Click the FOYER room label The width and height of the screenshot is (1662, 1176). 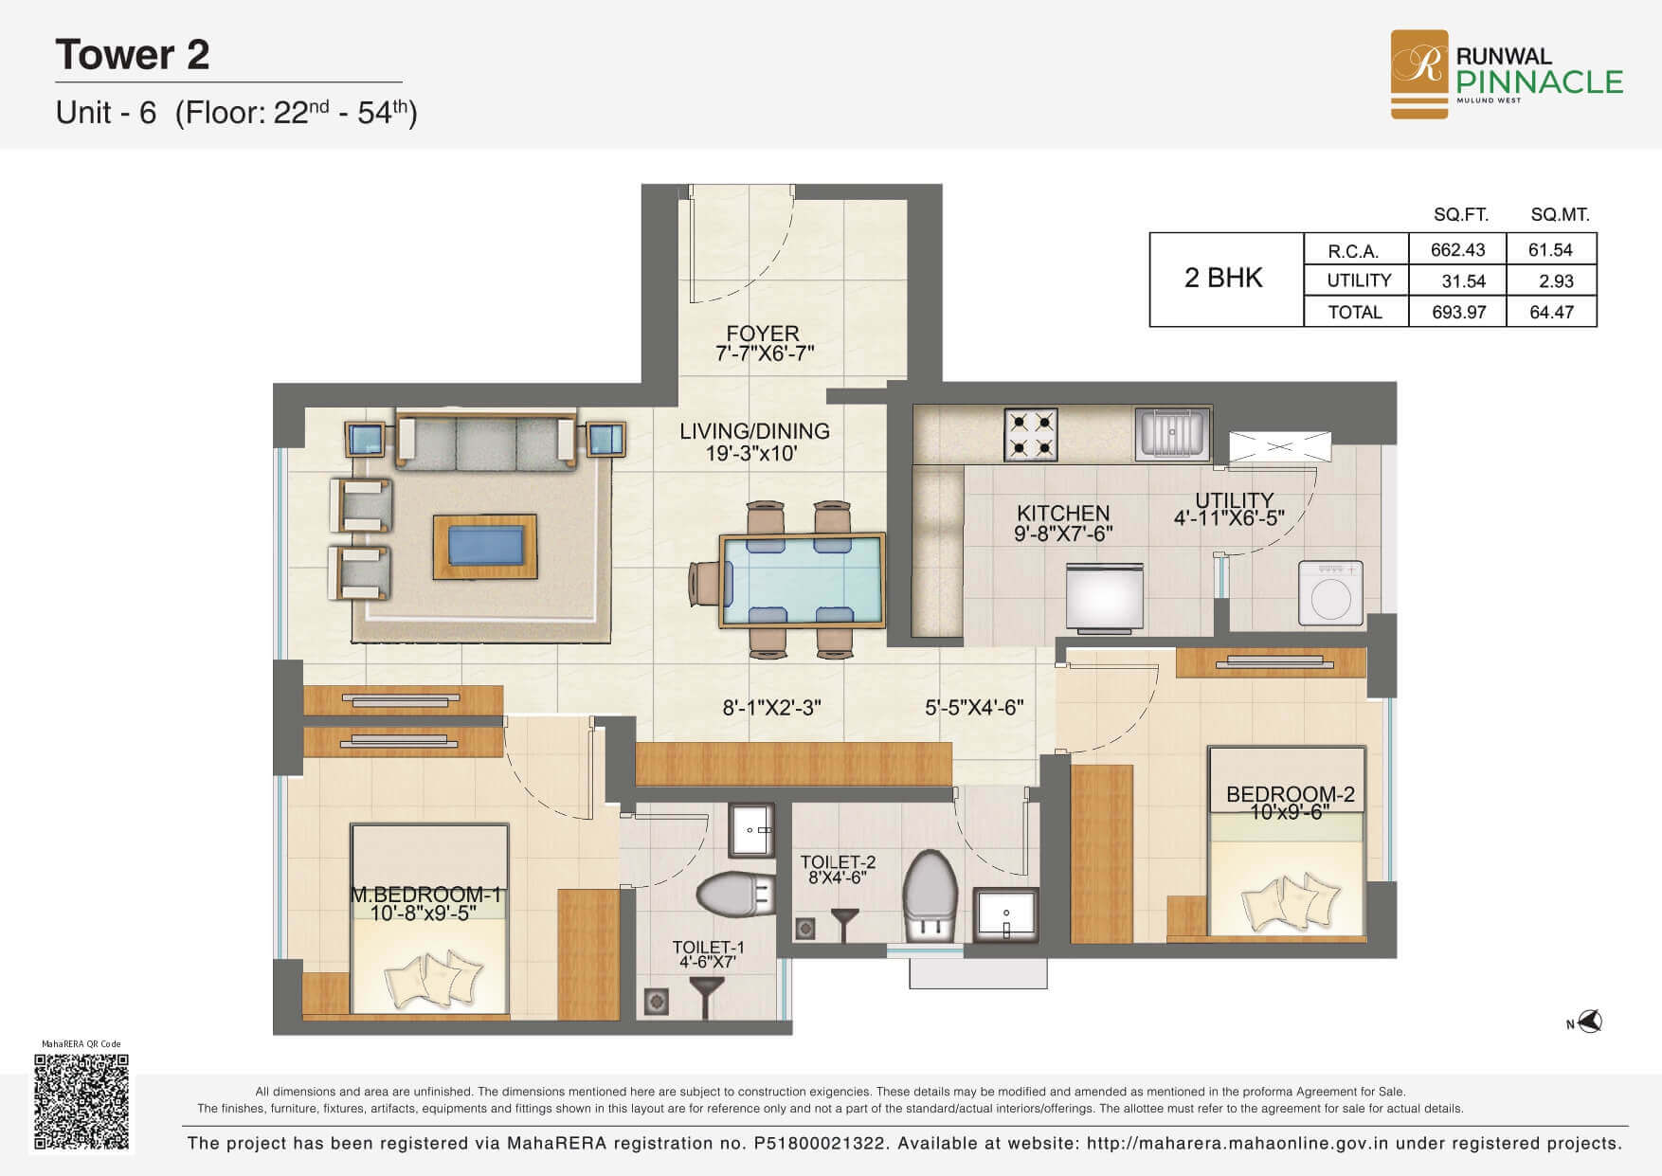coord(763,334)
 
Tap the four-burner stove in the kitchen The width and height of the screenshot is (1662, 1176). coord(1031,434)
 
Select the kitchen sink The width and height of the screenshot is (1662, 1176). coord(1173,432)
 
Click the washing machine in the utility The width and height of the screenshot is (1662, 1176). coord(1330,593)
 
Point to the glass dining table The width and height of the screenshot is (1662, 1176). coord(803,580)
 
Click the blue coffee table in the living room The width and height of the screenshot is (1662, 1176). coord(485,547)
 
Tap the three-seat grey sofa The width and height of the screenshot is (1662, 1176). coord(486,441)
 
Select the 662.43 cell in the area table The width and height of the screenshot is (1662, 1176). coord(1457,250)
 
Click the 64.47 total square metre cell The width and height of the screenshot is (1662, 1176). coord(1551,312)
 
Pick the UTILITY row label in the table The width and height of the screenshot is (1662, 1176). coord(1359,280)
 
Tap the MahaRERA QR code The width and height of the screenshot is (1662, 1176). coord(81,1101)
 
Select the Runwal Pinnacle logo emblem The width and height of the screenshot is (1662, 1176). coord(1418,75)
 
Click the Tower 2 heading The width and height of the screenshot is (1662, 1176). coord(133,54)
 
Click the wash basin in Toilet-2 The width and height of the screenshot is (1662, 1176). coord(1006,914)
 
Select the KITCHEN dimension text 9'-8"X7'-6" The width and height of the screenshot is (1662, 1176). coord(1063,534)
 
